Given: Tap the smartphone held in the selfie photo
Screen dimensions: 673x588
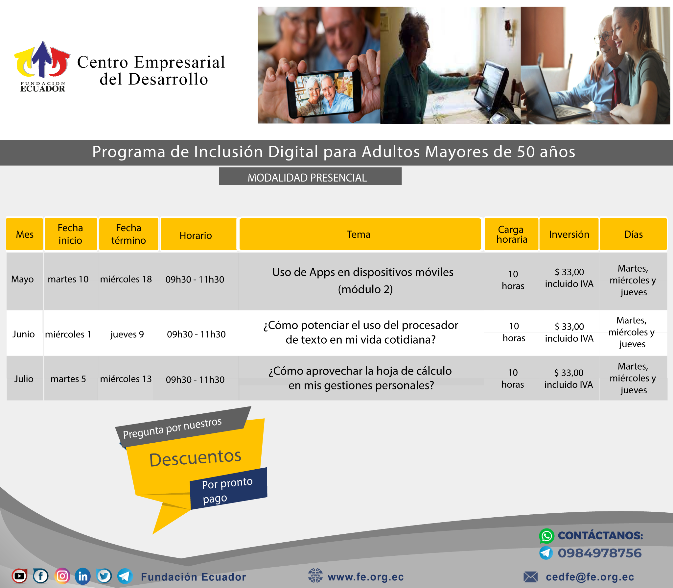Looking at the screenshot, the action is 323,93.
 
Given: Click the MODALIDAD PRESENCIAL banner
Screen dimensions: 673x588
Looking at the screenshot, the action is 310,177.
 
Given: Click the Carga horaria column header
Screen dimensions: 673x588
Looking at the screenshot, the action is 511,234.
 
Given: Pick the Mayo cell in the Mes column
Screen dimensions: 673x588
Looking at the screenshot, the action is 22,279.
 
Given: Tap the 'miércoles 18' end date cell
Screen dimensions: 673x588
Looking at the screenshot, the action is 126,279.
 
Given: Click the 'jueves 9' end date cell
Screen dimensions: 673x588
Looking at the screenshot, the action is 127,334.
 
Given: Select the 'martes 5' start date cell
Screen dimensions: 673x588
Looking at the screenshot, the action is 68,379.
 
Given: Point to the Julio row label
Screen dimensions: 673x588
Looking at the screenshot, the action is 24,379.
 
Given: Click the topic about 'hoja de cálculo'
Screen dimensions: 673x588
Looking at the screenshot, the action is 361,378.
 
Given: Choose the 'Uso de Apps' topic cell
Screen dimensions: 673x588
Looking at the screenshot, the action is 363,281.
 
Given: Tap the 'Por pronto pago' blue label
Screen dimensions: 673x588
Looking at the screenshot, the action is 229,489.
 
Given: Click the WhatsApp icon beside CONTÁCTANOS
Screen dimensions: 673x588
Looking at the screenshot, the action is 547,536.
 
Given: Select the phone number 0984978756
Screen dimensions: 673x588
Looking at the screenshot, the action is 600,553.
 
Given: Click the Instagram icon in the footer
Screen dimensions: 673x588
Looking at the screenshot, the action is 62,576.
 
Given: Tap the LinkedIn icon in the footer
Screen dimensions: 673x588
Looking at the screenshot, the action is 83,576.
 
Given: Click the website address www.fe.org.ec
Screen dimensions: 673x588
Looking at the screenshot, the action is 366,577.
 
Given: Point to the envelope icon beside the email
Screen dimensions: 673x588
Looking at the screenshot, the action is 531,577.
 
